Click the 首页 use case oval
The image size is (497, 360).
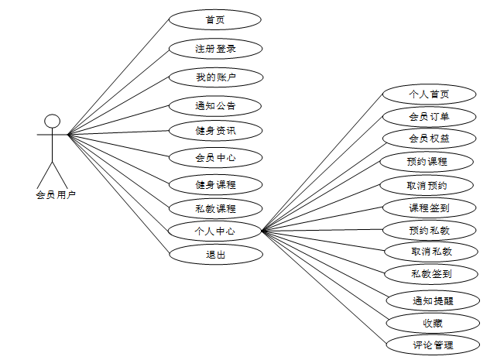215,19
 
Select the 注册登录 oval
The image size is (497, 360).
215,48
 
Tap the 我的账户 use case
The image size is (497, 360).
215,77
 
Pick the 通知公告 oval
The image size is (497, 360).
215,105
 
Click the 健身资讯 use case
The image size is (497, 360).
215,130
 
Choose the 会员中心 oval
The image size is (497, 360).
215,158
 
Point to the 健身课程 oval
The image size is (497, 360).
215,184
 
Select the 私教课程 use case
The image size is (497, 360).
215,208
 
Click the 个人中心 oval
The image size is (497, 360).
215,231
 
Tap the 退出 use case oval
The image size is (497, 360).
215,254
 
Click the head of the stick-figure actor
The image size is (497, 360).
52,121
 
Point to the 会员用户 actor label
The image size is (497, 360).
56,195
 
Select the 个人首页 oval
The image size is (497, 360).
430,94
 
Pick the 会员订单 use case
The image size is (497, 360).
430,117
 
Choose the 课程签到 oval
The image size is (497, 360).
430,207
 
